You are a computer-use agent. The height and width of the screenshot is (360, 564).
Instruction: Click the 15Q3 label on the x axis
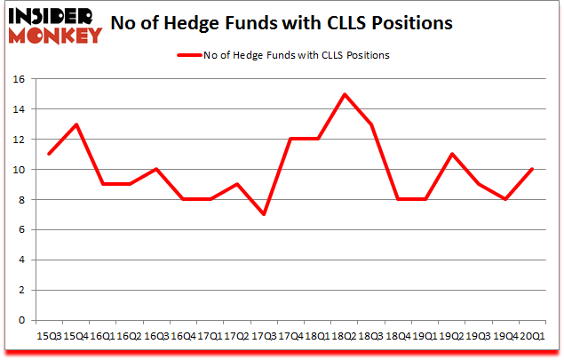[x=49, y=336]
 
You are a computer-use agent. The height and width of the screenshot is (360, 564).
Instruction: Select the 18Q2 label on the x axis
[x=343, y=336]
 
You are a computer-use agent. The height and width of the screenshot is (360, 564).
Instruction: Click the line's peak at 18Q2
[x=344, y=94]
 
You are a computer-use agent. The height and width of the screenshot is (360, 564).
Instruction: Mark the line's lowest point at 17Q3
[x=264, y=215]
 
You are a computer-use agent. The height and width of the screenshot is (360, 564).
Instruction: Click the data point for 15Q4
[x=76, y=124]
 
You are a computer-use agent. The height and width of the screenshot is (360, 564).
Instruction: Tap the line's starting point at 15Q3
[x=50, y=155]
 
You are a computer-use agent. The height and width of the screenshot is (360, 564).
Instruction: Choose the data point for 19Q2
[x=451, y=155]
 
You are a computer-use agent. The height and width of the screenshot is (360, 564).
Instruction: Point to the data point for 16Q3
[x=156, y=170]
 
